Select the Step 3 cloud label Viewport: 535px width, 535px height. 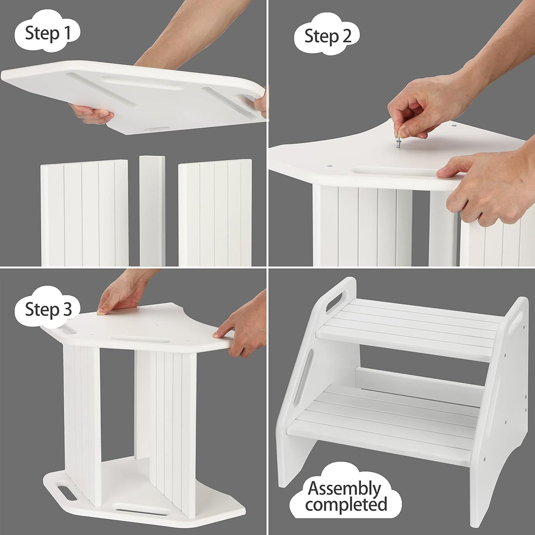(48, 309)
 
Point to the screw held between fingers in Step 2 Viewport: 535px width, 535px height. (398, 141)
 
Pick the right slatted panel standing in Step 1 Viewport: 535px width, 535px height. (215, 213)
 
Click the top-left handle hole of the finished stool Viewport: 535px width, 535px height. (335, 301)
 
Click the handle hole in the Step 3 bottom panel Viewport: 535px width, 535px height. (67, 493)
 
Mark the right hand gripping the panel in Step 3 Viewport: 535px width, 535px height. (243, 327)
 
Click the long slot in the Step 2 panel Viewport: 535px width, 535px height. (394, 172)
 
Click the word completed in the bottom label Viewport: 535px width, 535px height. (346, 505)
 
